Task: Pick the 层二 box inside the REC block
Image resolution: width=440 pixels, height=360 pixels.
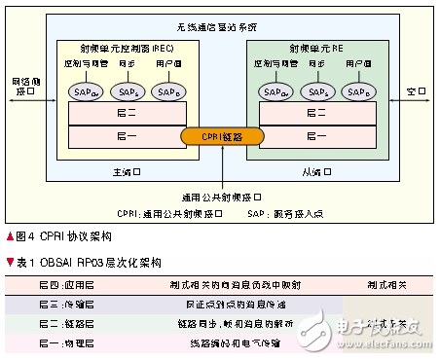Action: tap(120, 112)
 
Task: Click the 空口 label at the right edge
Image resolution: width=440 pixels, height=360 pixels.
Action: tap(416, 90)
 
